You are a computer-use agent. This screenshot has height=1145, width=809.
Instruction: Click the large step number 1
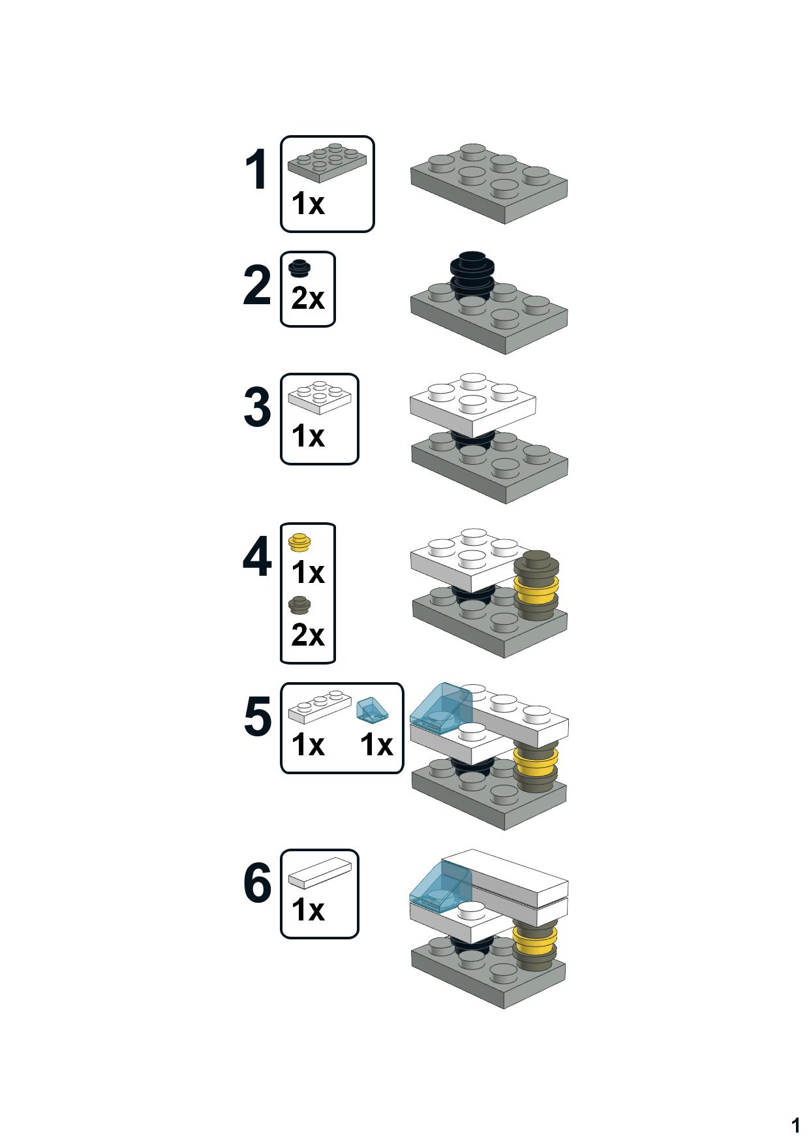[x=256, y=171]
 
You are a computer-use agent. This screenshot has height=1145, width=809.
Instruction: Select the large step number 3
[x=257, y=408]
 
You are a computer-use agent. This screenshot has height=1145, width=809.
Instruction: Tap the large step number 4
[x=257, y=558]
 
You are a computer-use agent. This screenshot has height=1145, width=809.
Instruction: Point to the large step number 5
[x=257, y=717]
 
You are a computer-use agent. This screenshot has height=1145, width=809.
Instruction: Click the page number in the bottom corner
[x=795, y=1125]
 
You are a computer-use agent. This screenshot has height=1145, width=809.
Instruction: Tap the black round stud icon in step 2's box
[x=300, y=268]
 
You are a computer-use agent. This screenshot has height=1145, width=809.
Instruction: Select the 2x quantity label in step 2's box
[x=308, y=300]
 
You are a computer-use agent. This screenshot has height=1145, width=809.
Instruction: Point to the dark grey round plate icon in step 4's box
[x=300, y=606]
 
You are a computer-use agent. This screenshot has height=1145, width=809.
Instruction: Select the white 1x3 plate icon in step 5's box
[x=319, y=708]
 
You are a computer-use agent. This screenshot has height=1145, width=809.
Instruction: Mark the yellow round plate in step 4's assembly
[x=537, y=589]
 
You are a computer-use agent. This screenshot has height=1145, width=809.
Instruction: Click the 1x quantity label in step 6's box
[x=308, y=909]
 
